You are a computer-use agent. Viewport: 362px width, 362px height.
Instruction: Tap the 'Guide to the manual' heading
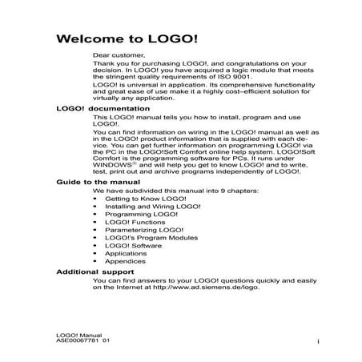[x=92, y=183]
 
